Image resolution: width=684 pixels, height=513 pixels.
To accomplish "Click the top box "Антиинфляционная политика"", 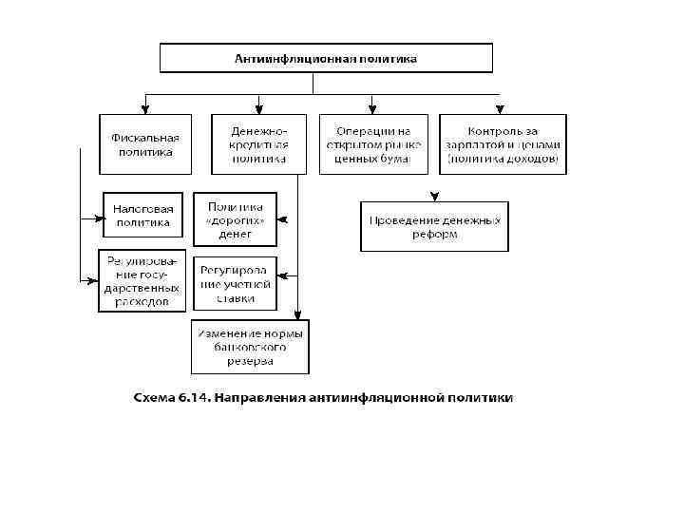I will (326, 59).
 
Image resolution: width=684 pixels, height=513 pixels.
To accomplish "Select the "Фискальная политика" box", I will (145, 144).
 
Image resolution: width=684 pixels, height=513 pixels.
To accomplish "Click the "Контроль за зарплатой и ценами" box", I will (503, 144).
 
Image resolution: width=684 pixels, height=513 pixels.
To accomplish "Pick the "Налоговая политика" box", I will (142, 216).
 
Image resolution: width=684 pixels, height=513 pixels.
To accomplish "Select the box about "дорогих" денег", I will (235, 218).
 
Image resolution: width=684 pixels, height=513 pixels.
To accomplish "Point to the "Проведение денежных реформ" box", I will (434, 226).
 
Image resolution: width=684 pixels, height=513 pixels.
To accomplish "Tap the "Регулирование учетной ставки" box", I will (235, 282).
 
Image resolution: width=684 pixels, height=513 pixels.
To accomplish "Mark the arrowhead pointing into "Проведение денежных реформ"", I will (434, 198).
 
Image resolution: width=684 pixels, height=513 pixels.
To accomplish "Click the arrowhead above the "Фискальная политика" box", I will (145, 109).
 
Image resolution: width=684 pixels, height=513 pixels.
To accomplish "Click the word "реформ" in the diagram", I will (434, 234).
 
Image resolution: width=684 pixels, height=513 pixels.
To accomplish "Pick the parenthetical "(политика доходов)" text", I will (503, 160).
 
